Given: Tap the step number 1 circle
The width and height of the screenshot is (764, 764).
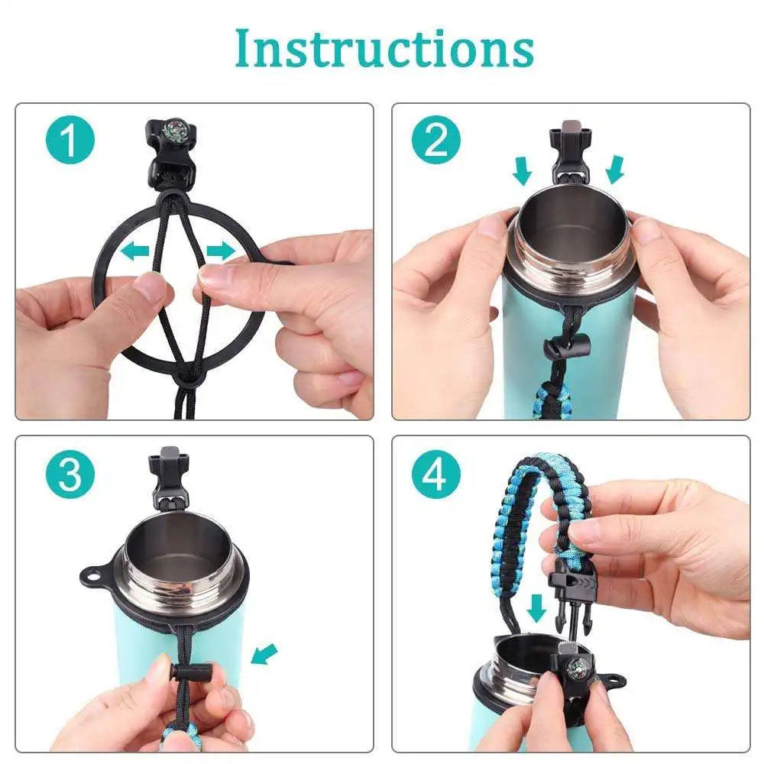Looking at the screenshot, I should [70, 142].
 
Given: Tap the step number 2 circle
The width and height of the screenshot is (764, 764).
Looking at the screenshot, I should [436, 142].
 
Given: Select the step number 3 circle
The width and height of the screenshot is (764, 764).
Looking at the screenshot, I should [70, 475].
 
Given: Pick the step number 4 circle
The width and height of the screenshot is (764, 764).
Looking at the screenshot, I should [436, 475].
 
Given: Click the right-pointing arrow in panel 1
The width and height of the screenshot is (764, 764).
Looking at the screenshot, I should [219, 251].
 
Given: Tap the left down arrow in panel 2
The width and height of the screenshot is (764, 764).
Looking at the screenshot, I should [522, 170].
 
